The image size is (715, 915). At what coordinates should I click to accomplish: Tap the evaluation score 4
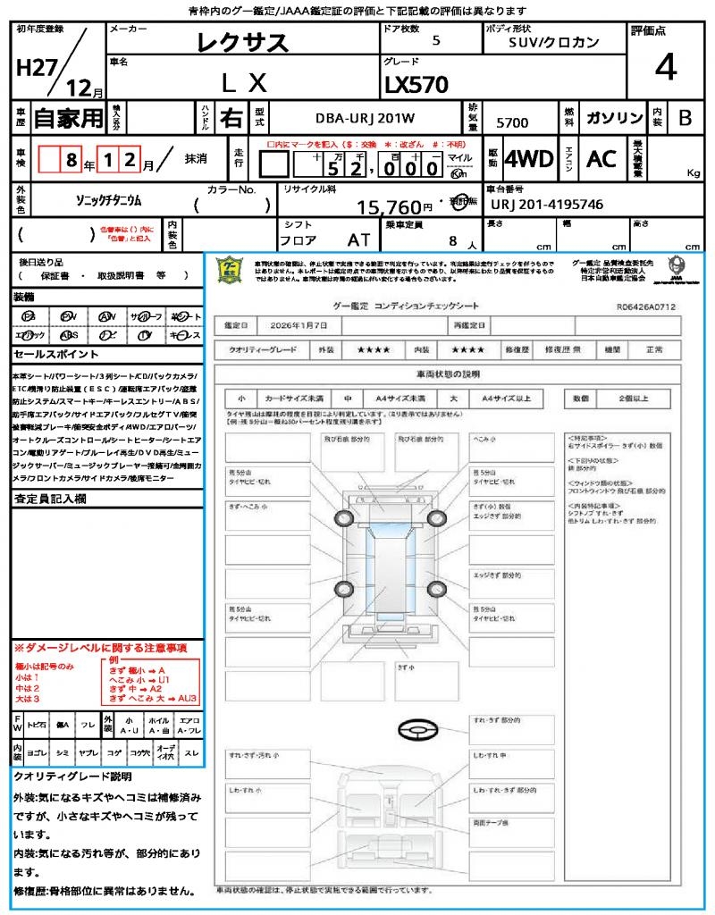tap(664, 67)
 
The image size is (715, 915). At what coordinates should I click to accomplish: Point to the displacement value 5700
tap(511, 122)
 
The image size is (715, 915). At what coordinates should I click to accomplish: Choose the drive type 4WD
tap(528, 159)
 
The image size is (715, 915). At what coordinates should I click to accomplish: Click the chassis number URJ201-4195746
tap(547, 205)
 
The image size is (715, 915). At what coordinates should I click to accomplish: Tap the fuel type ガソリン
tap(614, 118)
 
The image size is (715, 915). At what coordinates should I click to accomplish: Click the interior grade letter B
tap(685, 118)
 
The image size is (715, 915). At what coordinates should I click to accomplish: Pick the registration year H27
tap(36, 68)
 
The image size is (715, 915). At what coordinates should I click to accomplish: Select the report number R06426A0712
tap(645, 306)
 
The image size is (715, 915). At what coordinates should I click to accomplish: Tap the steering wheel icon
tap(416, 732)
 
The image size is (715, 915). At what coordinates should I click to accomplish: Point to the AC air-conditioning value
tap(601, 159)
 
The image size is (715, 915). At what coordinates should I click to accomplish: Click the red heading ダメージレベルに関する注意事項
tap(100, 647)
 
